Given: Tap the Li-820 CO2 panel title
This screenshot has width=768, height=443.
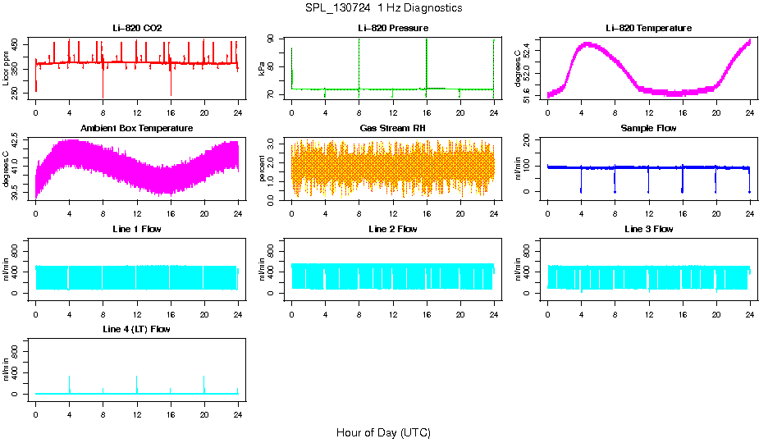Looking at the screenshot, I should pyautogui.click(x=137, y=28).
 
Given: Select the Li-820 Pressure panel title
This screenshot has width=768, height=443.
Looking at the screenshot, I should pyautogui.click(x=393, y=28).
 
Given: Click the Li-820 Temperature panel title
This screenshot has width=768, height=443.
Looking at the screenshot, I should pyautogui.click(x=648, y=28).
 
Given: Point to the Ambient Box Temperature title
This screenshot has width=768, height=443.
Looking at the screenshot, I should pyautogui.click(x=137, y=128).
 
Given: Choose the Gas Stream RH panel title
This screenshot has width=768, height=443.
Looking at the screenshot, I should pyautogui.click(x=393, y=128).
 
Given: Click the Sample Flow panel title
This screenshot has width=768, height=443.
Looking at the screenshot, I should pyautogui.click(x=648, y=128).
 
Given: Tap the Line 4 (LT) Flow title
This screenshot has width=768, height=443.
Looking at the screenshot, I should pyautogui.click(x=137, y=329).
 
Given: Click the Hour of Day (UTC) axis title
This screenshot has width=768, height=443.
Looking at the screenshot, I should pyautogui.click(x=383, y=432).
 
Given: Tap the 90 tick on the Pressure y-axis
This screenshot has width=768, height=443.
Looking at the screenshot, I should pyautogui.click(x=274, y=39).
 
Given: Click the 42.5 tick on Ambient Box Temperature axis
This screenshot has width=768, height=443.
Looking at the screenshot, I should pyautogui.click(x=18, y=142).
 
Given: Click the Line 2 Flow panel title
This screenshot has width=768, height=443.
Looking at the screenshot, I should pyautogui.click(x=393, y=229).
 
